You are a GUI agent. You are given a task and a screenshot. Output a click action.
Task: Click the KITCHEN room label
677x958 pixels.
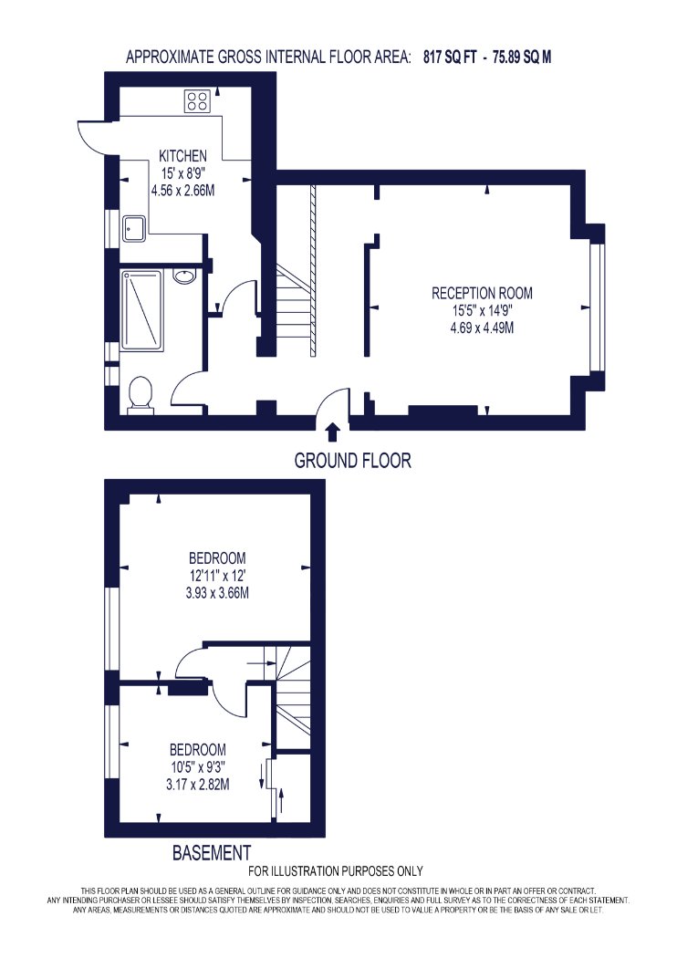point(182,156)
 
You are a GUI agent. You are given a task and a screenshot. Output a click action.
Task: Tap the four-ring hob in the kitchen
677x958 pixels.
point(198,100)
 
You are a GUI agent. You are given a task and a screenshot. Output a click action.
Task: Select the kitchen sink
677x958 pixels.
point(133,228)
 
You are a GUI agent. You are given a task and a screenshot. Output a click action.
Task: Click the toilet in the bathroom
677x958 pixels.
point(141,394)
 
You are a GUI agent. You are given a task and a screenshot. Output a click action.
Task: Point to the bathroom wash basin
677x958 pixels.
point(184,276)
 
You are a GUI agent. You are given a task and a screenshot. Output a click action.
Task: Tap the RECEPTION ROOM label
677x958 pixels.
point(482,293)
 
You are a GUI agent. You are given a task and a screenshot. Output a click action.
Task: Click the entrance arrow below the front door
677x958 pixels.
point(332,432)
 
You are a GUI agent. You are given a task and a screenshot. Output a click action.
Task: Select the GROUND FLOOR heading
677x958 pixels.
point(352,460)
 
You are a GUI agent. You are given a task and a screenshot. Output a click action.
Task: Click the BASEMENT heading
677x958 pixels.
point(212,852)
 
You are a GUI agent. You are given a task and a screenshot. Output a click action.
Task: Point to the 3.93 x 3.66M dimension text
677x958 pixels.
point(217,593)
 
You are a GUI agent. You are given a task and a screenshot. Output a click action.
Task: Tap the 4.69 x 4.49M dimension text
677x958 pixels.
point(482,328)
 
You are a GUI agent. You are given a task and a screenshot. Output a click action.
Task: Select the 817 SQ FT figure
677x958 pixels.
point(450,57)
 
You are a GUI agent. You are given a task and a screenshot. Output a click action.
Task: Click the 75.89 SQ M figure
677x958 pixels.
point(522,57)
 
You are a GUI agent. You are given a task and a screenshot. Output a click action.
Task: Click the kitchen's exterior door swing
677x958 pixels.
point(91,136)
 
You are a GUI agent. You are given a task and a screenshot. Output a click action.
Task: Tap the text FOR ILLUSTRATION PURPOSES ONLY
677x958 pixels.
point(336,871)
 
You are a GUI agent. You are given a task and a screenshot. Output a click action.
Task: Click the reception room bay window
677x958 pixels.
point(596,307)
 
